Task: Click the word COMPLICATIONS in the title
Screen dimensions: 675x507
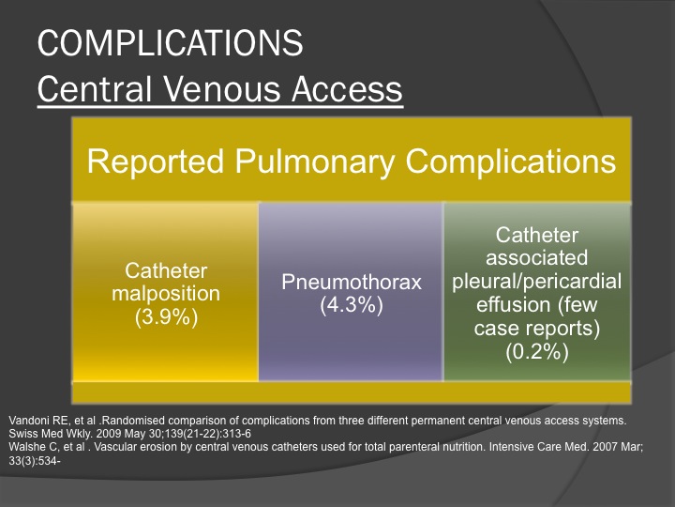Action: pos(171,42)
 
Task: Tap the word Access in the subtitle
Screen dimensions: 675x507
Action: pos(347,89)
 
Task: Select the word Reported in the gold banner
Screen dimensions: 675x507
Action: pos(156,161)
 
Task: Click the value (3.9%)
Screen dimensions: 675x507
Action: pos(166,317)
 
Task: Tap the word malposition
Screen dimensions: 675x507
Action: pos(166,294)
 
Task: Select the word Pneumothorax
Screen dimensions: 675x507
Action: pos(352,282)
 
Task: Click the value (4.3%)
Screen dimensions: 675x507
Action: pos(352,305)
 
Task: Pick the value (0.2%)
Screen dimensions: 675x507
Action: pos(537,351)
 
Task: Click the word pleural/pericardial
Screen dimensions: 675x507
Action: pos(537,282)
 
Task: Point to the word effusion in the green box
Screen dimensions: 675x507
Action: pos(513,305)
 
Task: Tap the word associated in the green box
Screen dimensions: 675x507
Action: pos(537,258)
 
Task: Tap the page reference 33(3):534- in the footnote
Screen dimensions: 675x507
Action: pos(35,461)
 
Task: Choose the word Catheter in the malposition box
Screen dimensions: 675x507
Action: pos(166,270)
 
